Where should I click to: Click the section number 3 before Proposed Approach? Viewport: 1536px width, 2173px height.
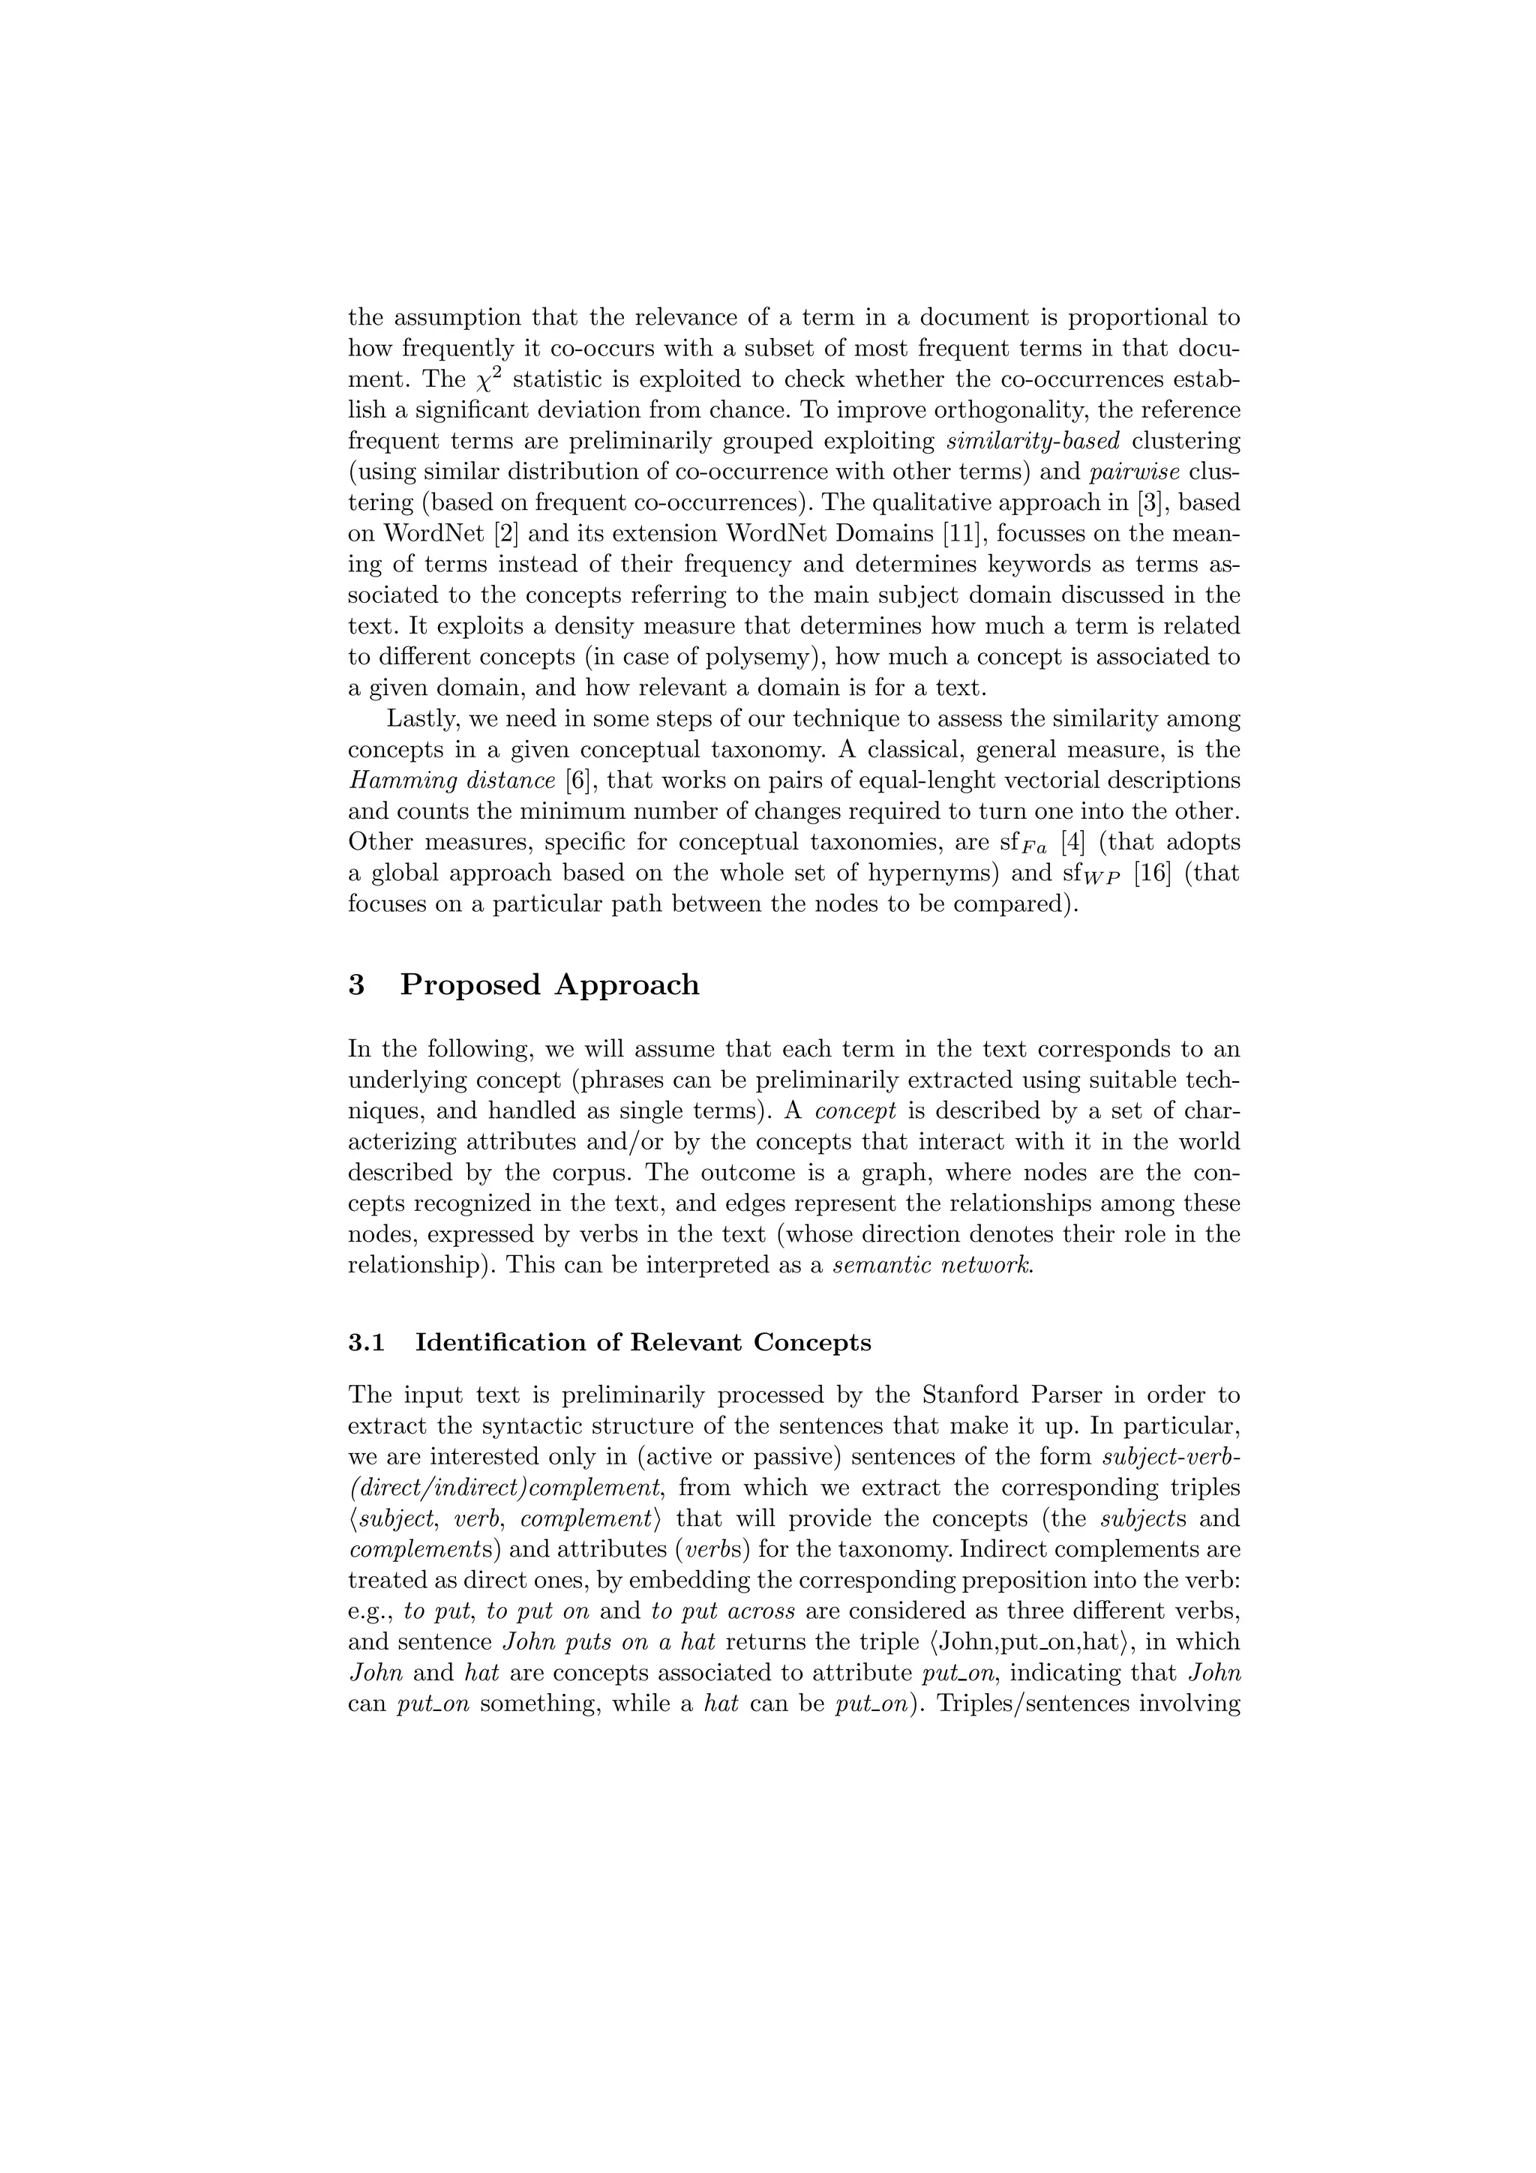(x=357, y=985)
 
